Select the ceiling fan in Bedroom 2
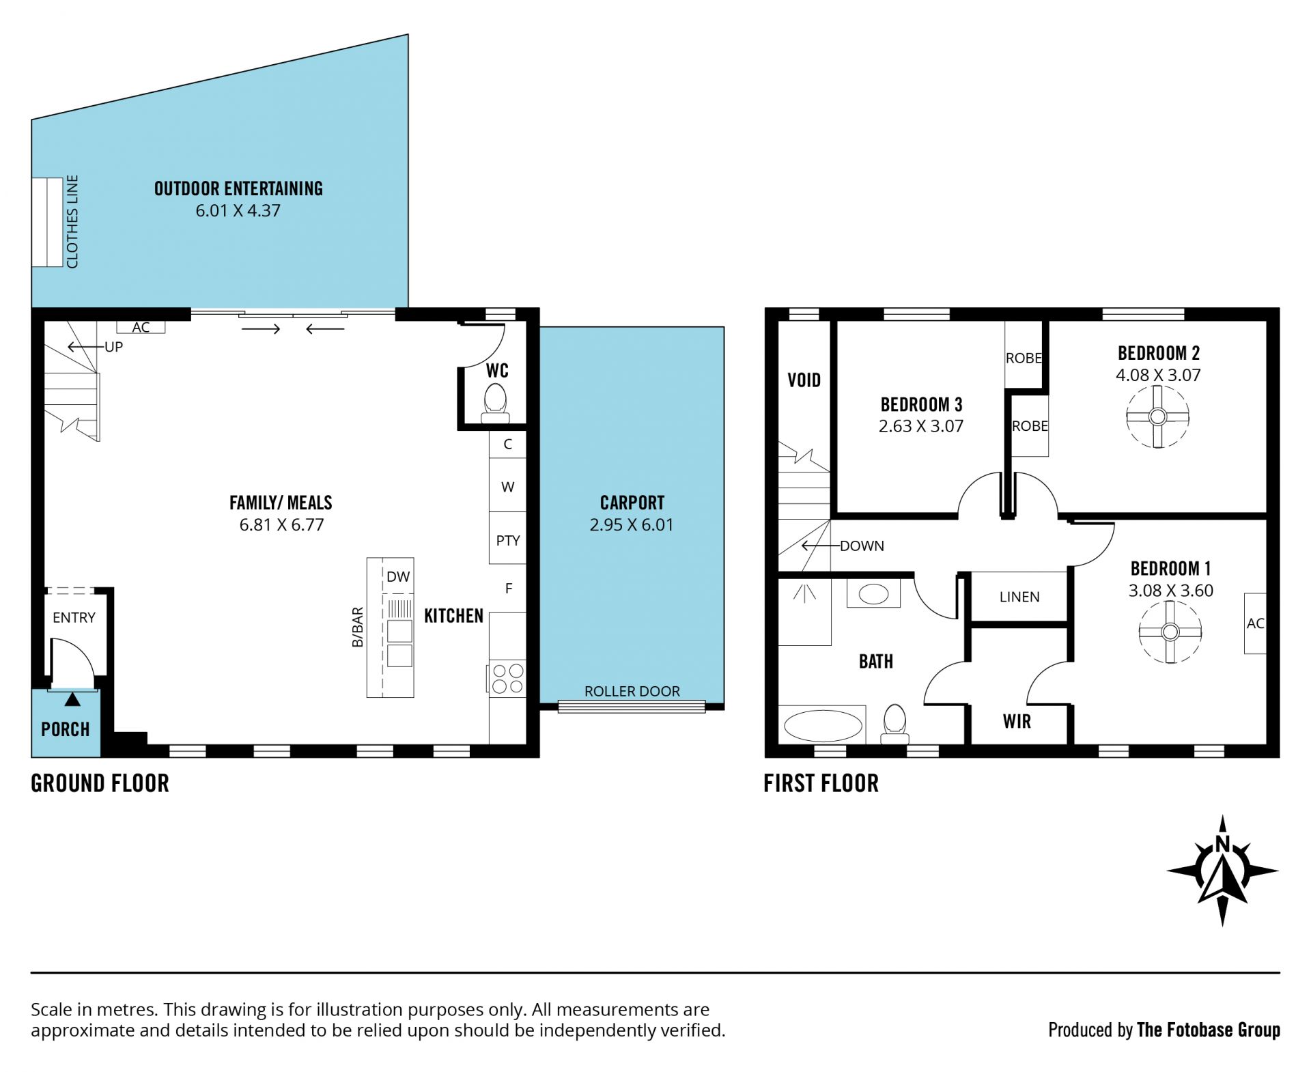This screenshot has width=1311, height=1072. (x=1157, y=417)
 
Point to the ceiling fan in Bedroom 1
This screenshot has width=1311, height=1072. (x=1170, y=632)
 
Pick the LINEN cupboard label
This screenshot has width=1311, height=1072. (x=1019, y=597)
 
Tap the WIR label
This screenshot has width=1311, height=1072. (x=1017, y=721)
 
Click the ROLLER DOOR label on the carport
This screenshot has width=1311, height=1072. (x=632, y=691)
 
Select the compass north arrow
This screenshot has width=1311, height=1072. (x=1222, y=871)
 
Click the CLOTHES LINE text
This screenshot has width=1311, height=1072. (x=72, y=222)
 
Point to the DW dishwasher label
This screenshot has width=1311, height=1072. (x=398, y=576)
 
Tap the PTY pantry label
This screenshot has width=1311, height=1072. (x=508, y=540)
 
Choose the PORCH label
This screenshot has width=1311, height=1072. (x=66, y=729)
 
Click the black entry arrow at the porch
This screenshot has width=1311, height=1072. (x=72, y=699)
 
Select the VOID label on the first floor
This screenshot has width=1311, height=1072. (x=804, y=380)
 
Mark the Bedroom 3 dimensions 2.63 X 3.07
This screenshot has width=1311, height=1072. (x=920, y=426)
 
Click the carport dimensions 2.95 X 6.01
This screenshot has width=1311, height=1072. (x=632, y=525)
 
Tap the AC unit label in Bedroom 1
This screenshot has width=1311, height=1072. (x=1255, y=623)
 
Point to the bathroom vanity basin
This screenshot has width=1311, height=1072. (x=873, y=594)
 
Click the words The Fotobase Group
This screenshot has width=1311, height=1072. (x=1208, y=1030)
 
